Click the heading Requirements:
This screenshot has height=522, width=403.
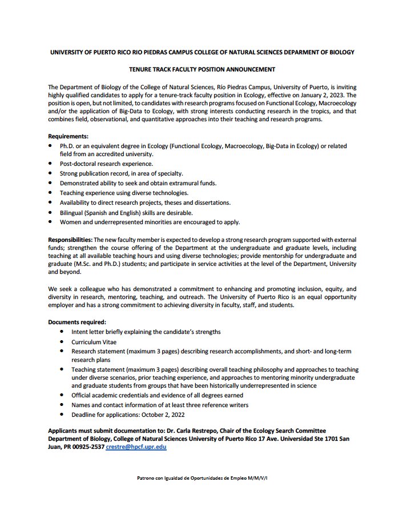[68, 137]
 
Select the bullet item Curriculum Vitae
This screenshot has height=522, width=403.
[96, 341]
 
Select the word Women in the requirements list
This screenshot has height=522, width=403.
[71, 222]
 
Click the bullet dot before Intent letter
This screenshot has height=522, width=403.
[62, 332]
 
